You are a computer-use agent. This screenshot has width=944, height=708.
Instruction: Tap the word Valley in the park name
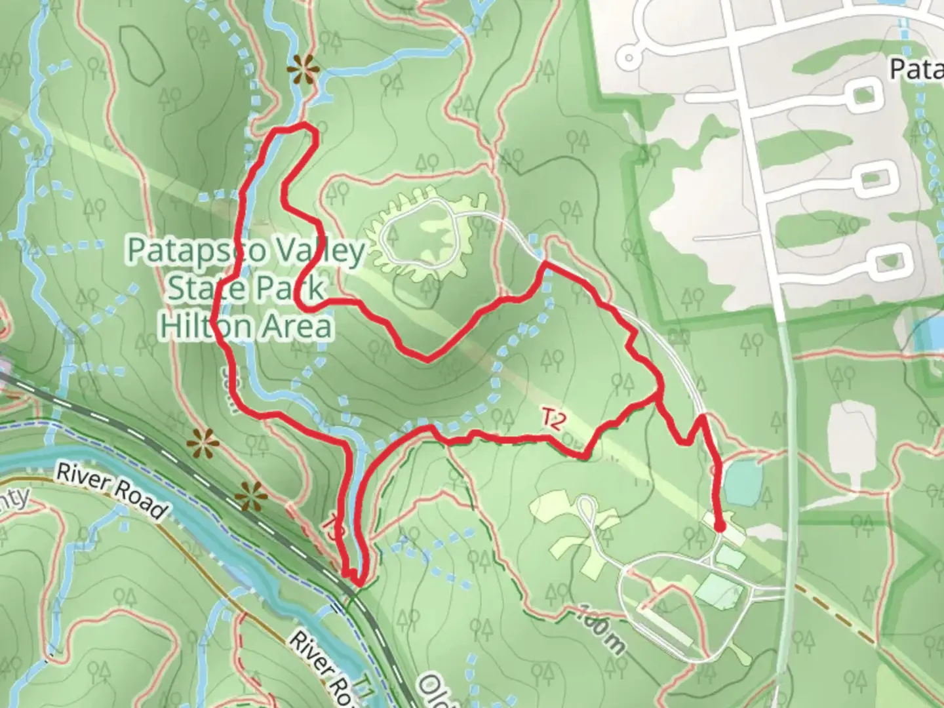[324, 252]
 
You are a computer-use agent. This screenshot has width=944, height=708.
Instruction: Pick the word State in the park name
[205, 288]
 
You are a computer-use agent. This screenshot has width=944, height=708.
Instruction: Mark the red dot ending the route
[719, 526]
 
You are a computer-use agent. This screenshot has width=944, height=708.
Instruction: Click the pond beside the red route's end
[739, 479]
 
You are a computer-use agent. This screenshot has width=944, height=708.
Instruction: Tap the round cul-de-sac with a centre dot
[629, 57]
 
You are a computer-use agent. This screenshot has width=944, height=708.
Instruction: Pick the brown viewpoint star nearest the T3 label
[251, 496]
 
